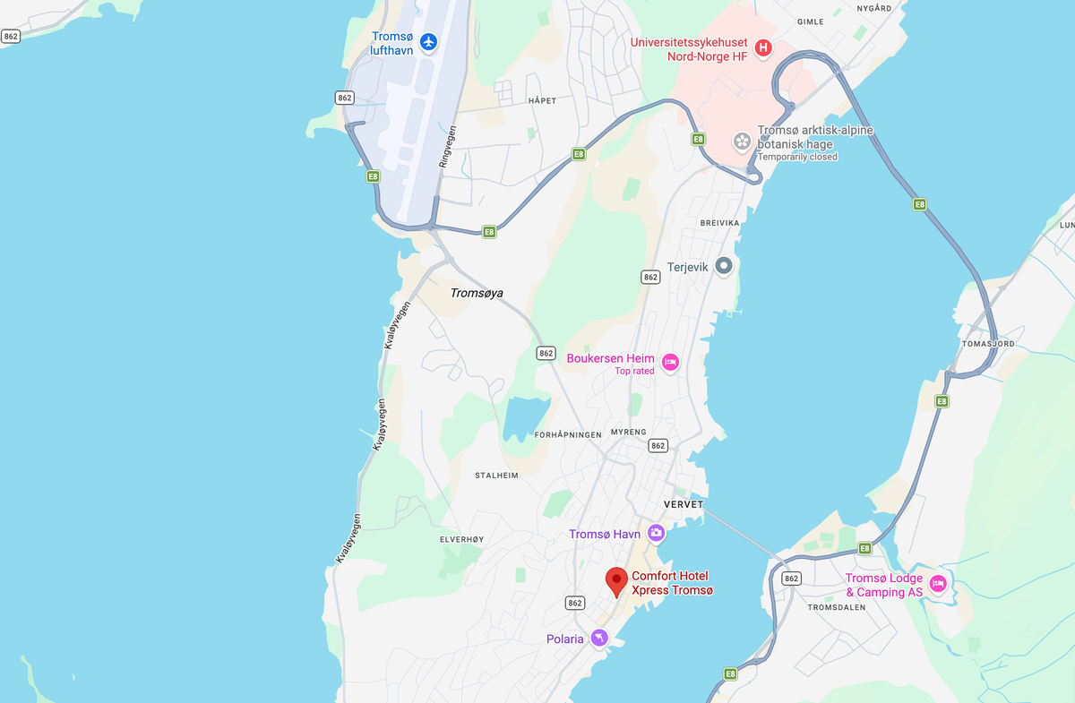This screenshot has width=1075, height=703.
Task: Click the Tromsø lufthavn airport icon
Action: click(428, 41)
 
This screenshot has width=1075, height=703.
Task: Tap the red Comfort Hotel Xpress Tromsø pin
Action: click(616, 580)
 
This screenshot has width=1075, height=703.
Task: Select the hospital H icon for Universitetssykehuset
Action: click(762, 47)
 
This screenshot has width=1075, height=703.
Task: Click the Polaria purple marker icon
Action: click(599, 638)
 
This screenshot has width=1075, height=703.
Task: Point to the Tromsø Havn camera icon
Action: click(656, 534)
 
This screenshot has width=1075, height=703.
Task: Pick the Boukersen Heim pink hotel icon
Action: click(670, 362)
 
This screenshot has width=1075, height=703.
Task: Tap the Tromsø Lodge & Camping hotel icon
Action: click(938, 584)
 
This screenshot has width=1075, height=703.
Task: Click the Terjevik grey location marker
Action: click(724, 266)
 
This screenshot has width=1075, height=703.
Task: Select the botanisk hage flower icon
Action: click(742, 141)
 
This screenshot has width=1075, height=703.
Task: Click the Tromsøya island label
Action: click(476, 293)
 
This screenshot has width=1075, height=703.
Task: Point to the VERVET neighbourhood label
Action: click(684, 504)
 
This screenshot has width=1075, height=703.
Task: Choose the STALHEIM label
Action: click(496, 476)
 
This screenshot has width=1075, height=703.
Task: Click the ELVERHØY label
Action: click(461, 539)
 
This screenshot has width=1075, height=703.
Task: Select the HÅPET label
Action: click(542, 100)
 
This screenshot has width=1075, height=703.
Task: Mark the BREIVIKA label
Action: click(719, 222)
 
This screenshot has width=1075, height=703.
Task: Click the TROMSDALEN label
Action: click(836, 607)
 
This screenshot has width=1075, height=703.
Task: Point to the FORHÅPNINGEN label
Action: click(568, 434)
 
